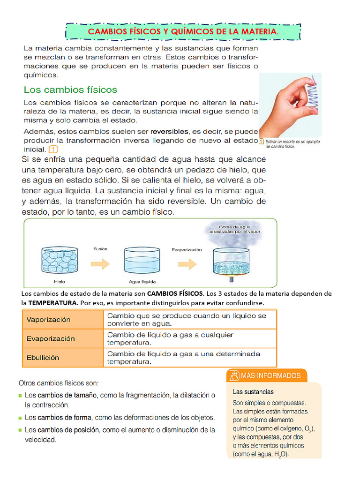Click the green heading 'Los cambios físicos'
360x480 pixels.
click(x=70, y=89)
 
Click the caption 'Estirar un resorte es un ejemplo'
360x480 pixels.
click(x=292, y=141)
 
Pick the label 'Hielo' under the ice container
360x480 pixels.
click(x=60, y=282)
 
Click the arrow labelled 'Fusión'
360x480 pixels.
click(x=100, y=257)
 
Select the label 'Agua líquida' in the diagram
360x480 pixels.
click(x=142, y=282)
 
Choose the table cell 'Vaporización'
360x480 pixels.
click(x=62, y=320)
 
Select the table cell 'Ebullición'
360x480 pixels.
click(x=62, y=357)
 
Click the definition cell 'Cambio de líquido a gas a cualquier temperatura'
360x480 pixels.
click(x=189, y=338)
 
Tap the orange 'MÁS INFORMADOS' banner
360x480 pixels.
click(x=267, y=375)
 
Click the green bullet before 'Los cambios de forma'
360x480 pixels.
click(x=20, y=417)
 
